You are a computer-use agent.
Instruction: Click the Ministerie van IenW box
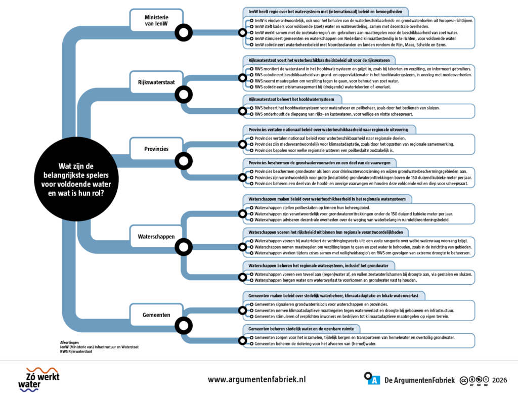[x=156, y=20]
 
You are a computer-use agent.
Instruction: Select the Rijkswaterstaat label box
[x=156, y=82]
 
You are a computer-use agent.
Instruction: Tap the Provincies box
[x=156, y=149]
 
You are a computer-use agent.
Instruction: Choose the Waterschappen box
[x=156, y=236]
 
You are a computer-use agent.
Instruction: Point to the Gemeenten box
[x=156, y=315]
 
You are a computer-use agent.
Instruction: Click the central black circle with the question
[x=76, y=179]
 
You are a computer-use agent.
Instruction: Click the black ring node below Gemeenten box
[x=184, y=326]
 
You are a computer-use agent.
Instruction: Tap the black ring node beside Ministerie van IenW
[x=184, y=33]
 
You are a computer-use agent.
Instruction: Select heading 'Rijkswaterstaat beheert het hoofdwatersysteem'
[x=291, y=100]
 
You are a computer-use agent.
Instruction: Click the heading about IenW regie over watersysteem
[x=325, y=12]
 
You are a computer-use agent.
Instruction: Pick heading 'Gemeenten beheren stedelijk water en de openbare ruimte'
[x=301, y=329]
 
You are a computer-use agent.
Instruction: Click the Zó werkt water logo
[x=39, y=379]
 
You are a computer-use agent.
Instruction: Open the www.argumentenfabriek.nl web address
[x=256, y=379]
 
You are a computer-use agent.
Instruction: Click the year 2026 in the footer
[x=499, y=380]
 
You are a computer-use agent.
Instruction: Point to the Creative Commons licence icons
[x=474, y=380]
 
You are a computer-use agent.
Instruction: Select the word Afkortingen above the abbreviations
[x=69, y=342]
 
